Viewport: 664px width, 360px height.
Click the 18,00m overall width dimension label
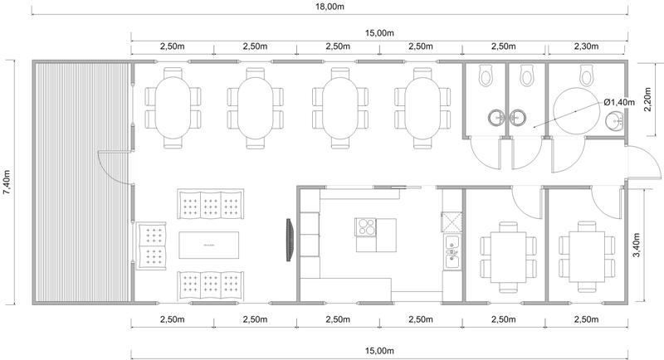(x=330, y=7)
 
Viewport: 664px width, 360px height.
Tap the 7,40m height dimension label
(x=7, y=182)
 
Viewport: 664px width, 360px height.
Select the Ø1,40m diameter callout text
(x=619, y=102)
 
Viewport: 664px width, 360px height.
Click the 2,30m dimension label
(x=587, y=46)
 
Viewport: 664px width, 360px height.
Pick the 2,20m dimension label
(x=647, y=100)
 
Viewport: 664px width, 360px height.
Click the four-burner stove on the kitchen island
(x=366, y=227)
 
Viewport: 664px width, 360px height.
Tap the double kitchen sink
(x=452, y=252)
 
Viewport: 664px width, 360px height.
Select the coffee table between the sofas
(x=209, y=245)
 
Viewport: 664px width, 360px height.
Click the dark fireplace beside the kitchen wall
(x=290, y=240)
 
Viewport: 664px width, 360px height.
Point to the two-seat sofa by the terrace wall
(x=151, y=246)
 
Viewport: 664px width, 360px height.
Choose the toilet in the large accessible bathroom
(x=587, y=75)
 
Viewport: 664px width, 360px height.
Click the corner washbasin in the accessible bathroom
(x=614, y=121)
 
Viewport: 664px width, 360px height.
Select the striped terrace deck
(x=81, y=182)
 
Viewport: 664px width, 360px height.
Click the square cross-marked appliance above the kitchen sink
(x=452, y=222)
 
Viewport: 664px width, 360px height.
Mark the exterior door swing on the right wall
(x=643, y=163)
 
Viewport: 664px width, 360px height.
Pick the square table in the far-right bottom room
(x=587, y=257)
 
